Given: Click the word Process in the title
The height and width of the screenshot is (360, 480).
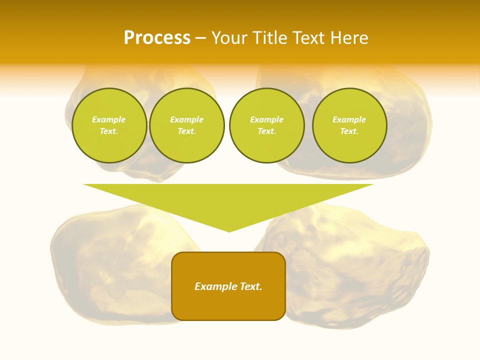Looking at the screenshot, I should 157,38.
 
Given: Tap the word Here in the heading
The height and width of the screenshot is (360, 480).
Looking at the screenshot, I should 349,38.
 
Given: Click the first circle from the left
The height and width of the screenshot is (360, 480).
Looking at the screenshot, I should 109,125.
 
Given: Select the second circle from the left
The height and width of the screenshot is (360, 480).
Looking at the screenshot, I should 187,125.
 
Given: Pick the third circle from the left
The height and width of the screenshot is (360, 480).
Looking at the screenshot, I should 267,125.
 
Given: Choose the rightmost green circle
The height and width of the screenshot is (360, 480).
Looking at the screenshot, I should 349,125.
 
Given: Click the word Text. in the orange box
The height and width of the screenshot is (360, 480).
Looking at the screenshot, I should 251,286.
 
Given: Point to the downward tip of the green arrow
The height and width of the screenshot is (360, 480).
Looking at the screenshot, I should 229,231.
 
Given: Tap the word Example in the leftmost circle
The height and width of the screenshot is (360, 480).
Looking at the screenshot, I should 109,119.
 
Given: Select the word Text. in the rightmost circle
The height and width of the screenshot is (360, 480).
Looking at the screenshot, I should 349,131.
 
